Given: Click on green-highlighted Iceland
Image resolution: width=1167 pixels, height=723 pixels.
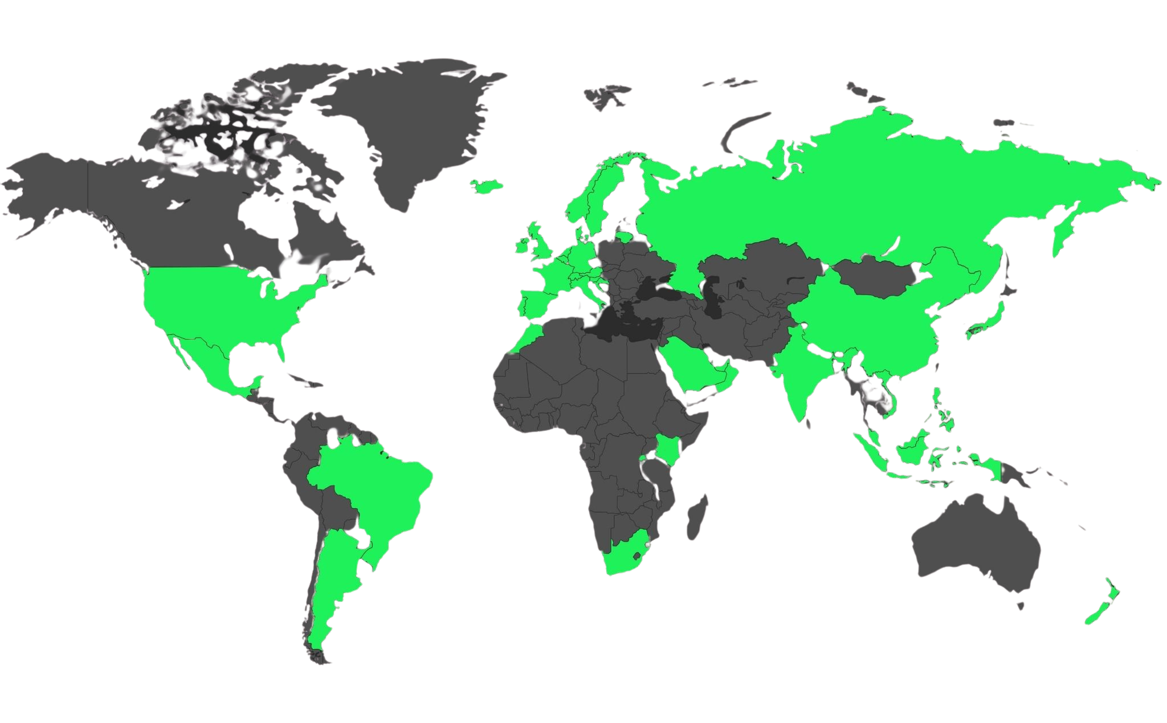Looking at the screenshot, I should [x=486, y=186].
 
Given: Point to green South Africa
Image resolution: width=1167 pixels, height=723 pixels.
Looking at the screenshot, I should [x=624, y=555].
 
